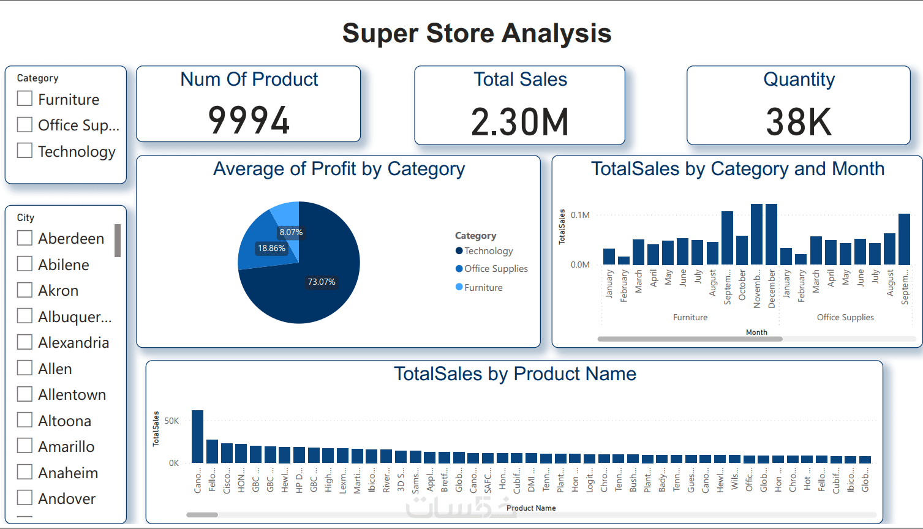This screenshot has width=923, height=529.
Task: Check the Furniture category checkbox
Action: (x=24, y=99)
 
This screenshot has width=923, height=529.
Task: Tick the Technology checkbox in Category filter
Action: (x=24, y=151)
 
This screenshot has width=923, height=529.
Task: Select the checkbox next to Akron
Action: (x=24, y=290)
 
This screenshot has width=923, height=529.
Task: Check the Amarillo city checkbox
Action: (x=24, y=446)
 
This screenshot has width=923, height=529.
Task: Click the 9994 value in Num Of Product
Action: (x=249, y=120)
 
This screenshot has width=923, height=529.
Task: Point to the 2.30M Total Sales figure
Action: (x=520, y=122)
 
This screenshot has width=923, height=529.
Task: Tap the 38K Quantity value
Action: (x=799, y=122)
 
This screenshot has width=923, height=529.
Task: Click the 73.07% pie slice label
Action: (x=322, y=282)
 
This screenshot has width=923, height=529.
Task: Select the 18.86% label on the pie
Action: (x=271, y=248)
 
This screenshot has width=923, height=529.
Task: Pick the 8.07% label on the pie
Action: (x=291, y=232)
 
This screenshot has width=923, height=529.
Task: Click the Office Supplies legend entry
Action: (x=495, y=269)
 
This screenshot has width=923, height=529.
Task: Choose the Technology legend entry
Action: (x=488, y=251)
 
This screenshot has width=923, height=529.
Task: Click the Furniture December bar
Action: (x=771, y=234)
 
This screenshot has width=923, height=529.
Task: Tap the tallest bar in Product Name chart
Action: (x=197, y=436)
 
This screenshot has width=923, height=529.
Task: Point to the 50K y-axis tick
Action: (x=171, y=421)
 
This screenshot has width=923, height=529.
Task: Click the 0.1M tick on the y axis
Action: (x=580, y=215)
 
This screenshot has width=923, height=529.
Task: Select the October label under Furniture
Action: (x=742, y=285)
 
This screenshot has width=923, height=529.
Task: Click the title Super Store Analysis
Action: (x=477, y=33)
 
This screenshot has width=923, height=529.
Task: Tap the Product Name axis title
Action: (x=531, y=508)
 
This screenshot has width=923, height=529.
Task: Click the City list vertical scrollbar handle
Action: (x=118, y=241)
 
